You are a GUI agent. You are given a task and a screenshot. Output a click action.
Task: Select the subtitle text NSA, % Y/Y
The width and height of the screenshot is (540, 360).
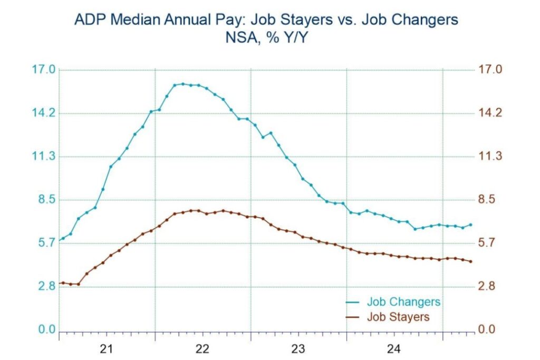[x=266, y=37]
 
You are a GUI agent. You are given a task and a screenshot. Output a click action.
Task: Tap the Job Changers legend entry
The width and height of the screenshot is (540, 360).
[x=393, y=302]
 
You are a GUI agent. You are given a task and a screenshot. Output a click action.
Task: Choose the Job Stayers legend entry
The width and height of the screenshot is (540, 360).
[x=388, y=317]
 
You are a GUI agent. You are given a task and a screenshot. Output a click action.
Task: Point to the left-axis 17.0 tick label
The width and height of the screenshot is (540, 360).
[x=43, y=70]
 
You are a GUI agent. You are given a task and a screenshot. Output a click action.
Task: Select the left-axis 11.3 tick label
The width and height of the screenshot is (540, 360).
[x=43, y=156]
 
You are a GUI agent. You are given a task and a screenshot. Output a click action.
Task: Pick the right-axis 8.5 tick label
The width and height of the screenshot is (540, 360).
[x=486, y=199]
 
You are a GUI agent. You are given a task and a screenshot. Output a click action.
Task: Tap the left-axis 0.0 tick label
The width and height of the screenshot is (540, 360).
[x=46, y=329]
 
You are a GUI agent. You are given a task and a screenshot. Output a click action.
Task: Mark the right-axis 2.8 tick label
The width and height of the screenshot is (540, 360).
[x=486, y=286]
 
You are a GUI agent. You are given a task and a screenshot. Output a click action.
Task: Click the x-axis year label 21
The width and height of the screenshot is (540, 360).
[x=107, y=349]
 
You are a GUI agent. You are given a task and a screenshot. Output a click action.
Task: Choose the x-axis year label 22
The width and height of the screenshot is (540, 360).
[x=202, y=349]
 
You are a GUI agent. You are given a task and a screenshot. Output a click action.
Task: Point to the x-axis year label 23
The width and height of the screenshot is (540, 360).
[x=298, y=349]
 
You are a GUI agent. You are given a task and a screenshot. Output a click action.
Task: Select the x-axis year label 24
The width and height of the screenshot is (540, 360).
[x=393, y=349]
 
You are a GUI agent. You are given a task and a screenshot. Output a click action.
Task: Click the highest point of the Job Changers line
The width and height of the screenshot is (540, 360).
[x=183, y=84]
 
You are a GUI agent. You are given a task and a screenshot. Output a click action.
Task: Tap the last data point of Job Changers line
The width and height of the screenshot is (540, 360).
[x=471, y=225]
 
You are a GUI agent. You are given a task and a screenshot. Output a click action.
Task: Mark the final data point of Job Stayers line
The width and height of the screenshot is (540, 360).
[x=471, y=261]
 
